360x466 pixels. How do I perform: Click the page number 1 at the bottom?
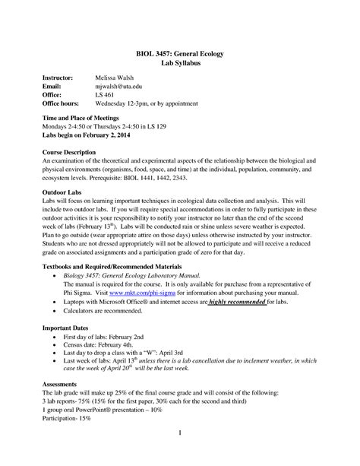[180, 454]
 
